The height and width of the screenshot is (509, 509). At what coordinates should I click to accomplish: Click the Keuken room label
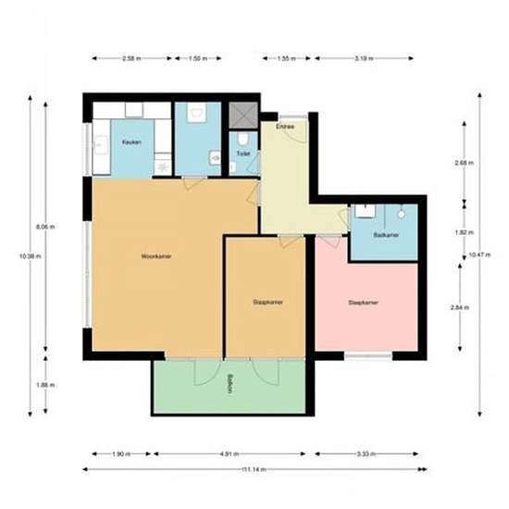click(130, 143)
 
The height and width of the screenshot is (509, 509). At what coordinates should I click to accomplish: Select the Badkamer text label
click(385, 236)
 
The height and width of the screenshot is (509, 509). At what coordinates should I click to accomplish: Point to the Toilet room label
click(242, 154)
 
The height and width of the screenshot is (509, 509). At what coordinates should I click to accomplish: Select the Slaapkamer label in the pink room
click(364, 303)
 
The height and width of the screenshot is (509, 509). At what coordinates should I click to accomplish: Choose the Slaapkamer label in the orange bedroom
click(267, 303)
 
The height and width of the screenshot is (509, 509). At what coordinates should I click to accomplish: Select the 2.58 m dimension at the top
click(131, 58)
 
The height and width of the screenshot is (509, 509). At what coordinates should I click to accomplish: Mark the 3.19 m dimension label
click(366, 58)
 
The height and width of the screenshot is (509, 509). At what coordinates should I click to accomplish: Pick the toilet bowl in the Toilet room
click(234, 168)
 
